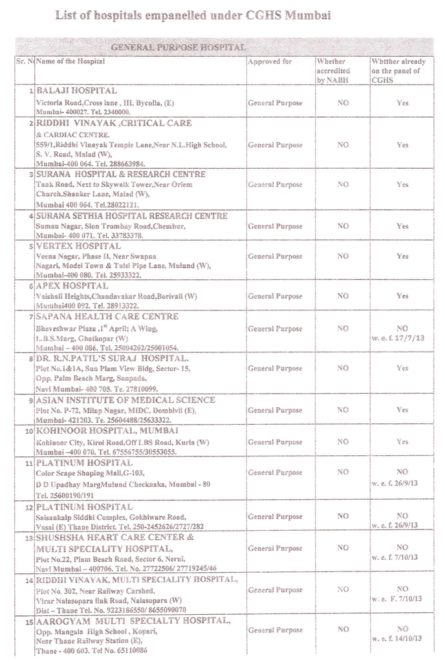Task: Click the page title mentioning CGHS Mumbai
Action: [193, 15]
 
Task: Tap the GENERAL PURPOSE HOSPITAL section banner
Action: [179, 48]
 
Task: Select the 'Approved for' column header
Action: [270, 62]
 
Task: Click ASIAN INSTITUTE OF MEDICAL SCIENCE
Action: [125, 400]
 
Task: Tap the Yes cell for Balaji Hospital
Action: [402, 103]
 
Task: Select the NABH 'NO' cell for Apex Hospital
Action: [343, 296]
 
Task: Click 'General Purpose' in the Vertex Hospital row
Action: [275, 256]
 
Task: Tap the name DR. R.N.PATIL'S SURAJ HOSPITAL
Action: [113, 358]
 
